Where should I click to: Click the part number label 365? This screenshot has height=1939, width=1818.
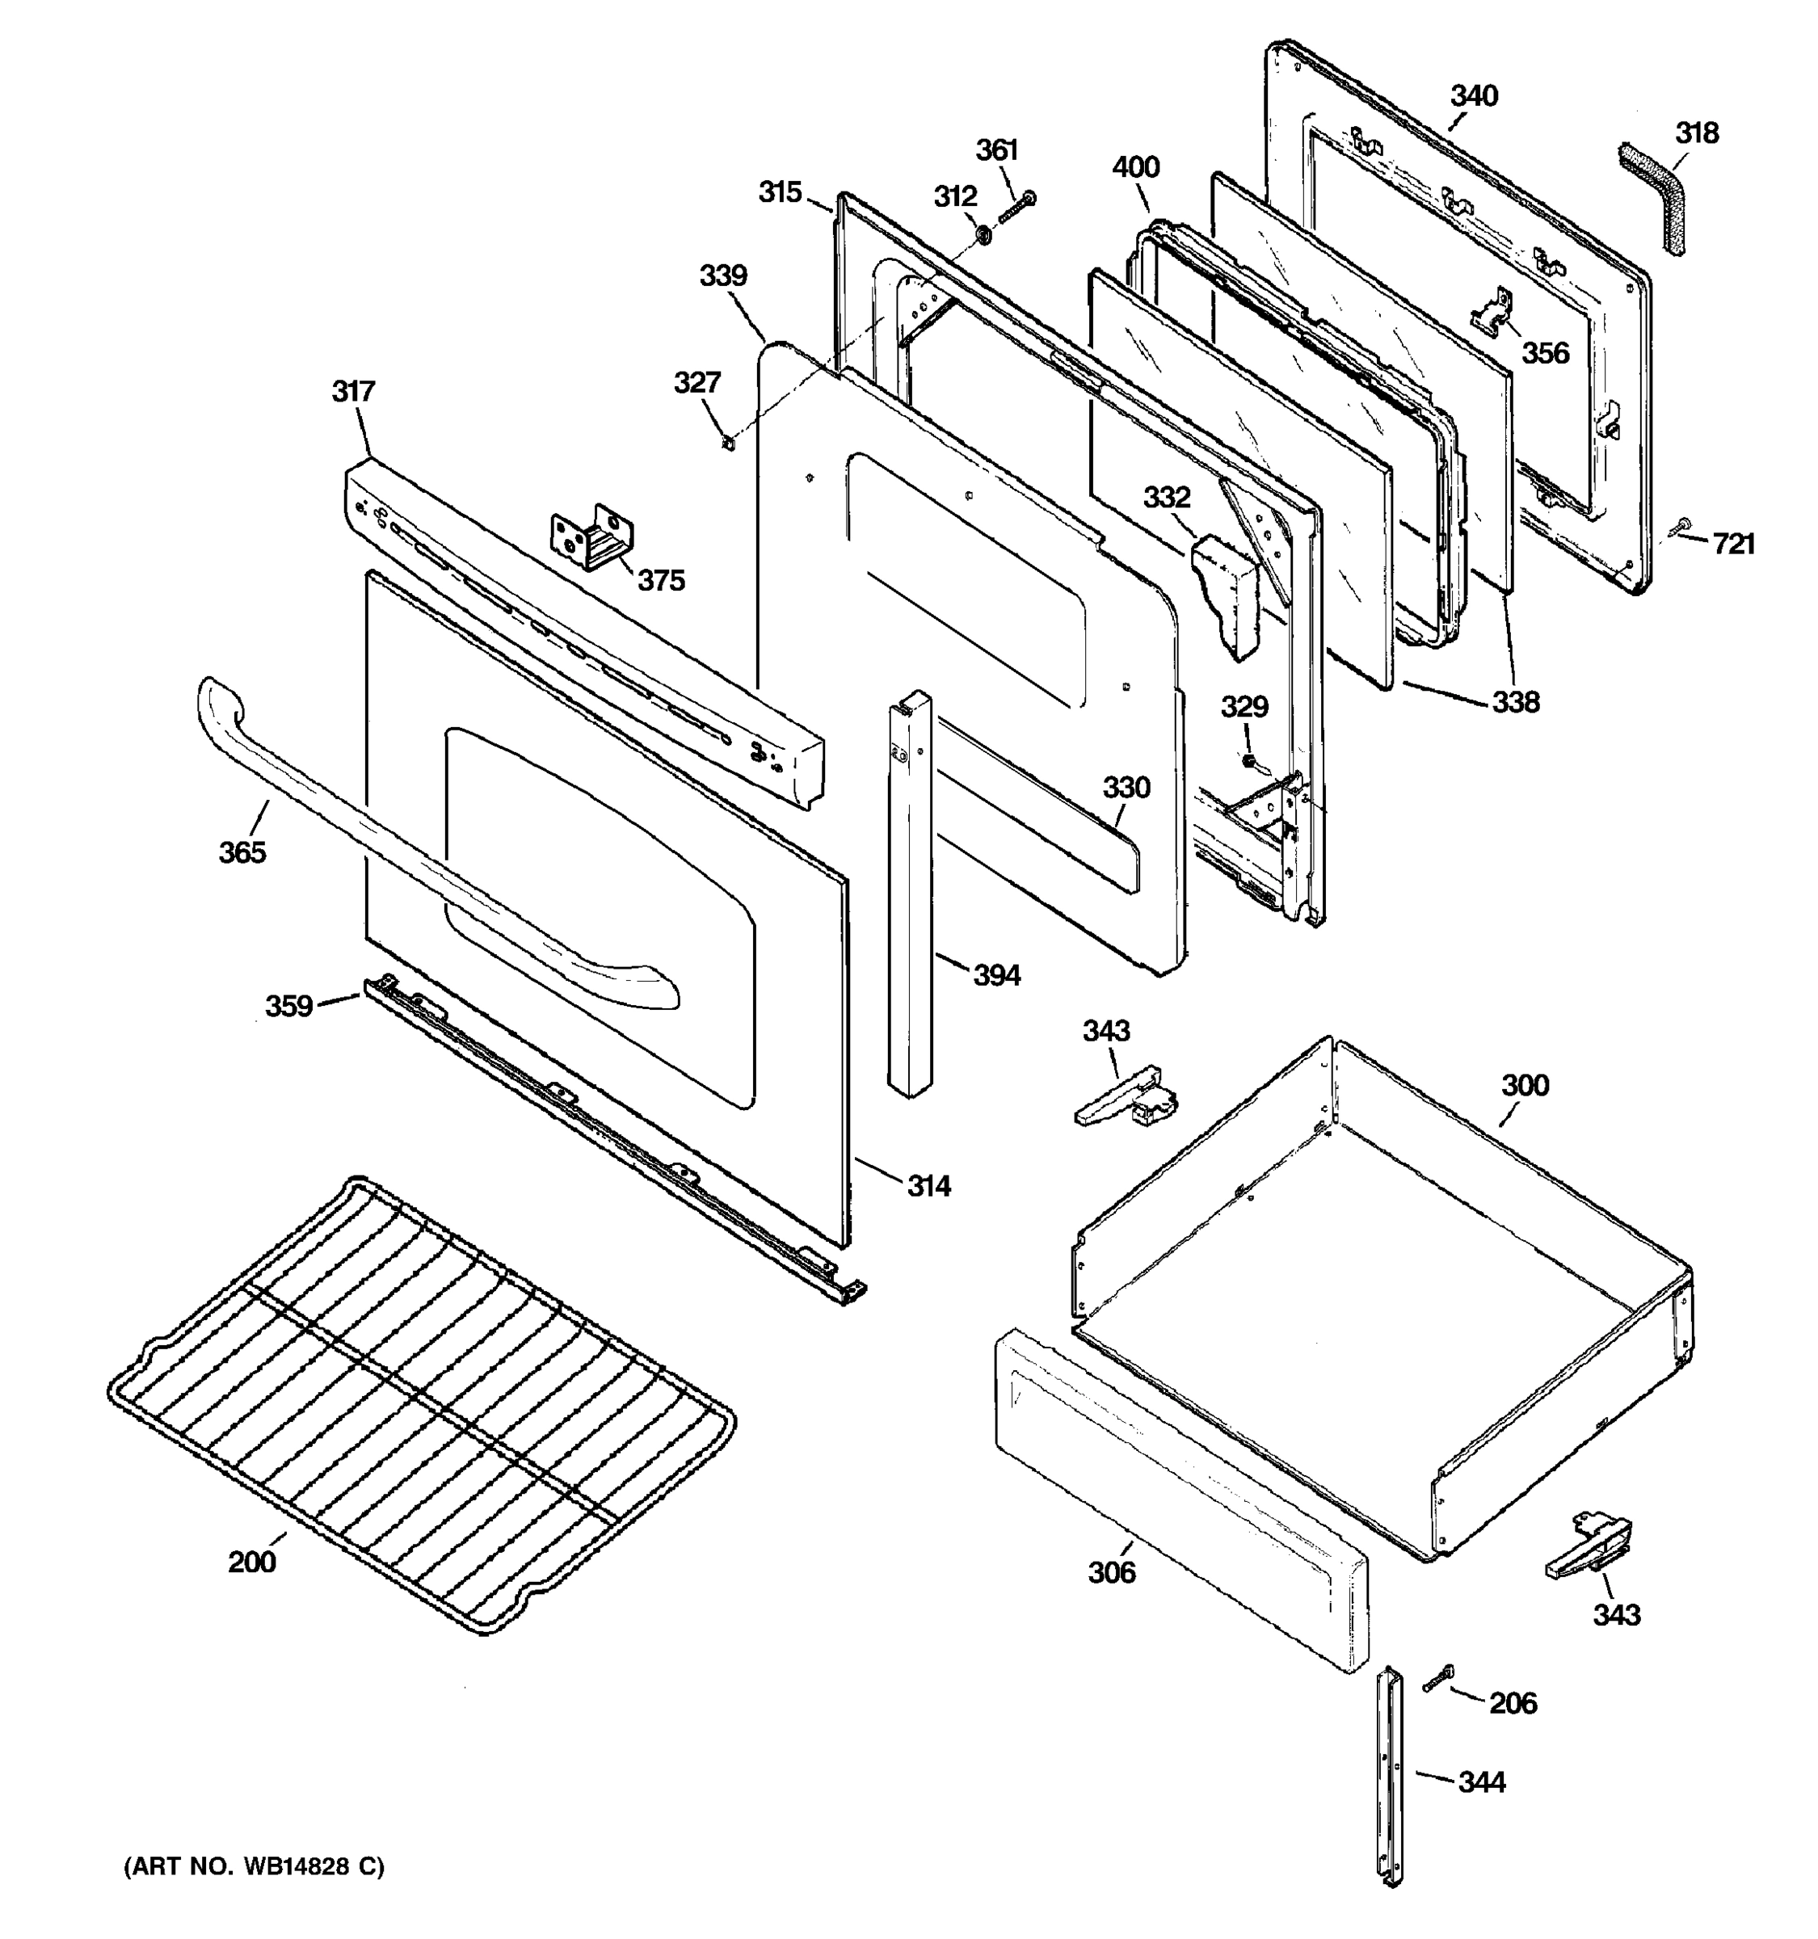242,852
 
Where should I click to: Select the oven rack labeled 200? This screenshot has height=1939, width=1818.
419,1404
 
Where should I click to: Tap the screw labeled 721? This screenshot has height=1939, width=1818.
1680,527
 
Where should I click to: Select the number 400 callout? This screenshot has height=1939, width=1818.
1135,166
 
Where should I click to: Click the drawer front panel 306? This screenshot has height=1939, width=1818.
1180,1503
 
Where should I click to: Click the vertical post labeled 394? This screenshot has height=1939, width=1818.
909,898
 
